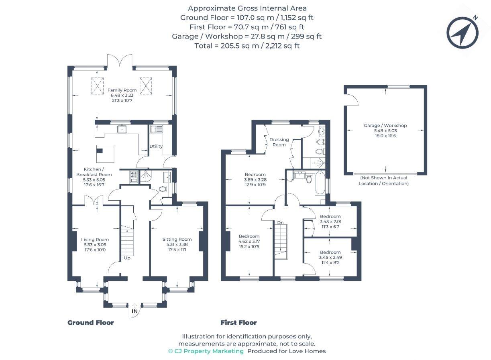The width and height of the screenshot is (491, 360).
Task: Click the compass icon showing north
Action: click(462, 33)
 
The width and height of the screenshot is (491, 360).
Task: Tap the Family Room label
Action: click(122, 90)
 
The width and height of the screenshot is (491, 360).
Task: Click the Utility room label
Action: click(156, 146)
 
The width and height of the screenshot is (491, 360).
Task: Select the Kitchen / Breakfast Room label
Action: click(94, 172)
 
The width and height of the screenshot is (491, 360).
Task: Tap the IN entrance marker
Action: click(134, 311)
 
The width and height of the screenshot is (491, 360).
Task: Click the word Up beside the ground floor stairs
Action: click(127, 258)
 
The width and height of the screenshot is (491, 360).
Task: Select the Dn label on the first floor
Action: click(280, 222)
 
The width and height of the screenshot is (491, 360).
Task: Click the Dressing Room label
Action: click(279, 142)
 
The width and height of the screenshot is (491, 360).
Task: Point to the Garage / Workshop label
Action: click(385, 126)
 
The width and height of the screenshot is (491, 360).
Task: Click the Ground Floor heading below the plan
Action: click(90, 323)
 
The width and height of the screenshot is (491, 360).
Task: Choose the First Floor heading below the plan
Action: click(238, 323)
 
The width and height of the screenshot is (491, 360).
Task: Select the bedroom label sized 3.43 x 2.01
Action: click(330, 217)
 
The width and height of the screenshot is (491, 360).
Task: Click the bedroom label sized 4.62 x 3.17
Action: click(249, 236)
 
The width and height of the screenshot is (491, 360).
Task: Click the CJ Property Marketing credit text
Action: click(206, 351)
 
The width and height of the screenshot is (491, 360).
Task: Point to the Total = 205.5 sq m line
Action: click(247, 46)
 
